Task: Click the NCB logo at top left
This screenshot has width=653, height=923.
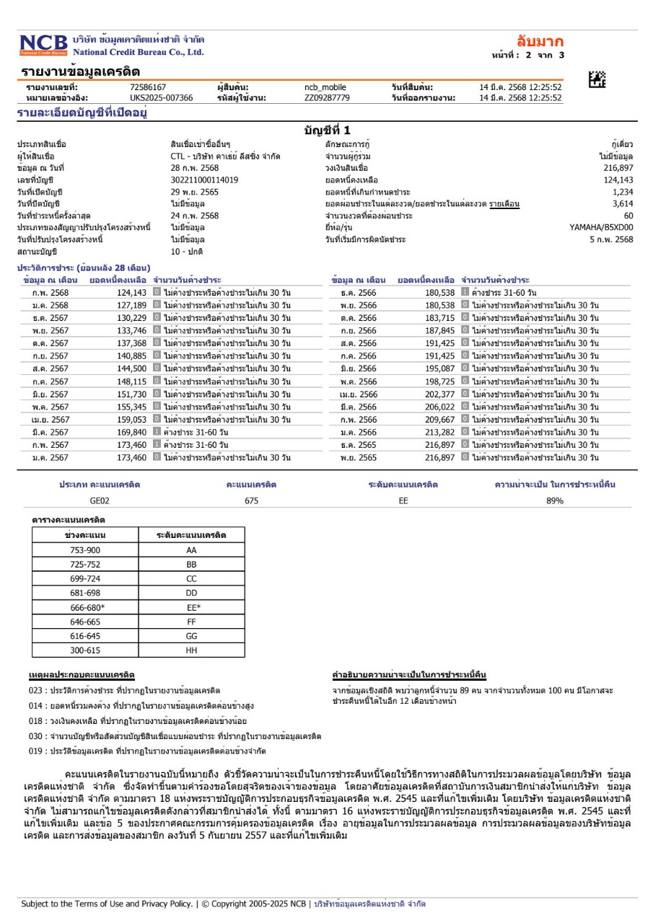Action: click(x=43, y=45)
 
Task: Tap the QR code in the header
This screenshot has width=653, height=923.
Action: click(x=597, y=80)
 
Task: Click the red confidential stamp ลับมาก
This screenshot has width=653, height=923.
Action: click(x=540, y=41)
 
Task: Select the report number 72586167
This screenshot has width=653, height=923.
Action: click(x=148, y=87)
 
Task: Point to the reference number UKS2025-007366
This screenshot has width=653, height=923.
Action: click(x=161, y=97)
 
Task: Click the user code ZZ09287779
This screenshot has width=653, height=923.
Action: click(x=327, y=97)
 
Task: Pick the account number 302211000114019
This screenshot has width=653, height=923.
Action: click(x=204, y=180)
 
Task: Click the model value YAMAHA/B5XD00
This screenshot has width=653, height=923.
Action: click(x=601, y=227)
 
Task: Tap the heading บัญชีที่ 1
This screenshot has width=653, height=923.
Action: click(x=327, y=131)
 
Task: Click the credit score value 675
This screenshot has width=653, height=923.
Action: click(x=251, y=500)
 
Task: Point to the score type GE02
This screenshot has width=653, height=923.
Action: click(x=100, y=500)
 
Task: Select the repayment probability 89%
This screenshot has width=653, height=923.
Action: click(x=554, y=500)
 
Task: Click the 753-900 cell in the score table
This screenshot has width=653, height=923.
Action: click(x=86, y=549)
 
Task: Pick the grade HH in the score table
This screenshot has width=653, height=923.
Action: click(x=191, y=649)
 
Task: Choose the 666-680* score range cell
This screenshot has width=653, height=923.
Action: click(x=86, y=607)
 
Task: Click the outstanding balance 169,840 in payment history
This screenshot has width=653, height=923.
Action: click(x=131, y=432)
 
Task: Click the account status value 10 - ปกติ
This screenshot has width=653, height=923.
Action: click(x=187, y=251)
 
